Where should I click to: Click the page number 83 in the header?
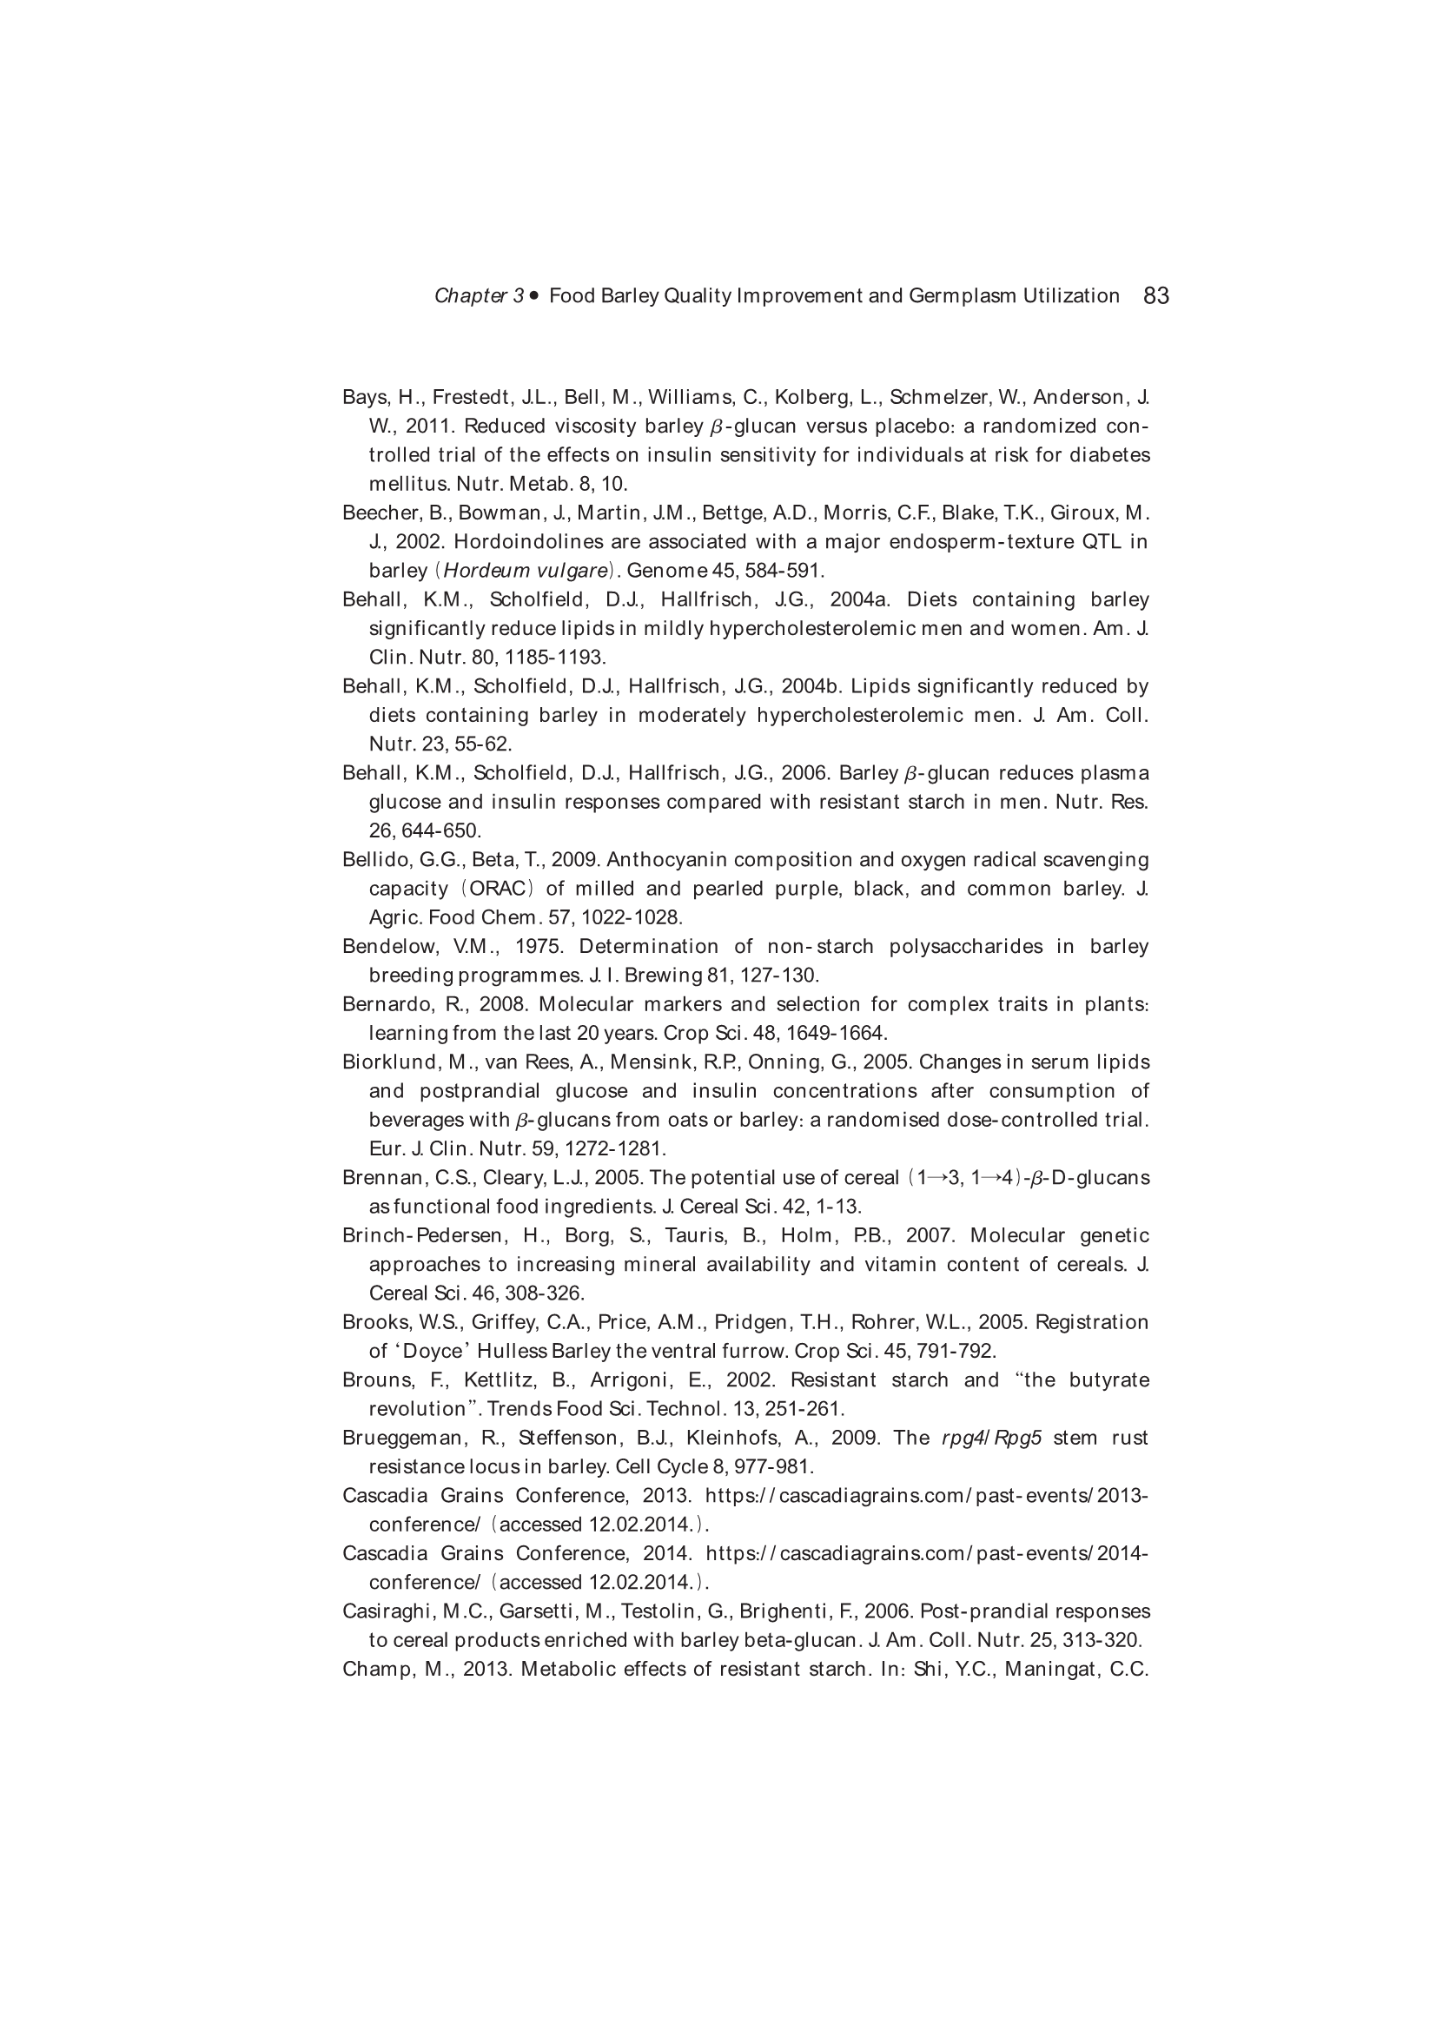(1155, 295)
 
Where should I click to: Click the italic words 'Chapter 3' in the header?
(479, 296)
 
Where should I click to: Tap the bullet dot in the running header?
(533, 295)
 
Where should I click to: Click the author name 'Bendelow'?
(389, 947)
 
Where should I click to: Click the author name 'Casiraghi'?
(385, 1611)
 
